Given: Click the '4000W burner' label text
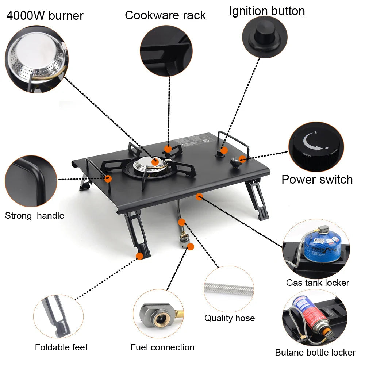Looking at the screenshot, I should click(x=45, y=16).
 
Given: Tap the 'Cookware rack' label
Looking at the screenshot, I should click(x=165, y=15).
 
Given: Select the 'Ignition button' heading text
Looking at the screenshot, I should click(x=267, y=11).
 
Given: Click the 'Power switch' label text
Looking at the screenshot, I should click(x=317, y=180).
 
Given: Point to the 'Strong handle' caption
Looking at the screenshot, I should click(x=34, y=216).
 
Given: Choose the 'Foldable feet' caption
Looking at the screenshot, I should click(x=61, y=347).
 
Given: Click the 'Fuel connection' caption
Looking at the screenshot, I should click(x=162, y=347).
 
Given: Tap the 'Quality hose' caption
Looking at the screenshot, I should click(x=229, y=318).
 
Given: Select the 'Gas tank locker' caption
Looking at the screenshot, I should click(x=317, y=283).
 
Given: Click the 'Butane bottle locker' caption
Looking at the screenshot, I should click(x=315, y=353).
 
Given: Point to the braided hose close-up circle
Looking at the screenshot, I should click(x=228, y=289).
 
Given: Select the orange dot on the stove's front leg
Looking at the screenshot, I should click(x=139, y=256).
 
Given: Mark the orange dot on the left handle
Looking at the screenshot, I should click(x=108, y=178).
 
